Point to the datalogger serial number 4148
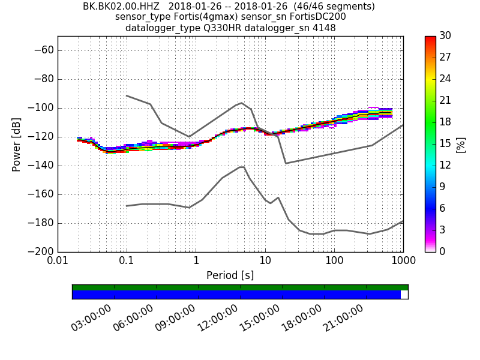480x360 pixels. click(325, 28)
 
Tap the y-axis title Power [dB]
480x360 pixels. click(17, 144)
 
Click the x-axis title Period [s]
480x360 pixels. click(230, 275)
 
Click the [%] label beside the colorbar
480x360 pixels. click(461, 144)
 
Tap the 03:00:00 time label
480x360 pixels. click(92, 317)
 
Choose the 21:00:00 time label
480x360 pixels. click(344, 317)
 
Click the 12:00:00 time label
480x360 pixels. click(218, 317)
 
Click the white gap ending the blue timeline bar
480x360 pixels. click(404, 295)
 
